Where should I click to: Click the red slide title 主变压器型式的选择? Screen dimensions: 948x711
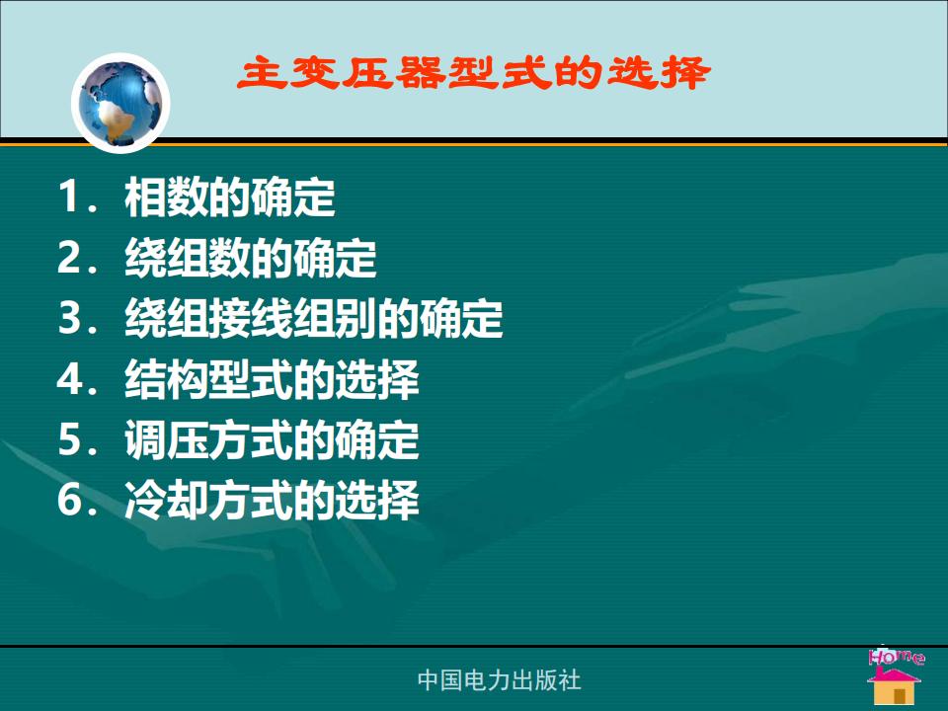(x=473, y=74)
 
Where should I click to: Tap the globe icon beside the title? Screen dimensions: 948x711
(x=120, y=103)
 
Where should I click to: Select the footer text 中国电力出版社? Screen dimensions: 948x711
(x=500, y=680)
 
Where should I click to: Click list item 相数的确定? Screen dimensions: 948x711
(x=230, y=197)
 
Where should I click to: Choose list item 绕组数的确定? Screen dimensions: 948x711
(x=251, y=258)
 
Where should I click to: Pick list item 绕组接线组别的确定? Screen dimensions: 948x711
(x=314, y=319)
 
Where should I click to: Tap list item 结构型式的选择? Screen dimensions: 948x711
(x=273, y=379)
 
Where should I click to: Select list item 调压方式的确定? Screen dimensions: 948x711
(x=273, y=440)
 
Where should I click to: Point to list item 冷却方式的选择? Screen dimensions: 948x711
(x=273, y=501)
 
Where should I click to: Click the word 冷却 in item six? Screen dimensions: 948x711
(x=167, y=501)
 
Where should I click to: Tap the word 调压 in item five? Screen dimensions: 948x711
(x=167, y=440)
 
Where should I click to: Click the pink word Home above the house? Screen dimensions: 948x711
(x=897, y=657)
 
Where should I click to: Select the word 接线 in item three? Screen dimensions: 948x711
(x=251, y=319)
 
